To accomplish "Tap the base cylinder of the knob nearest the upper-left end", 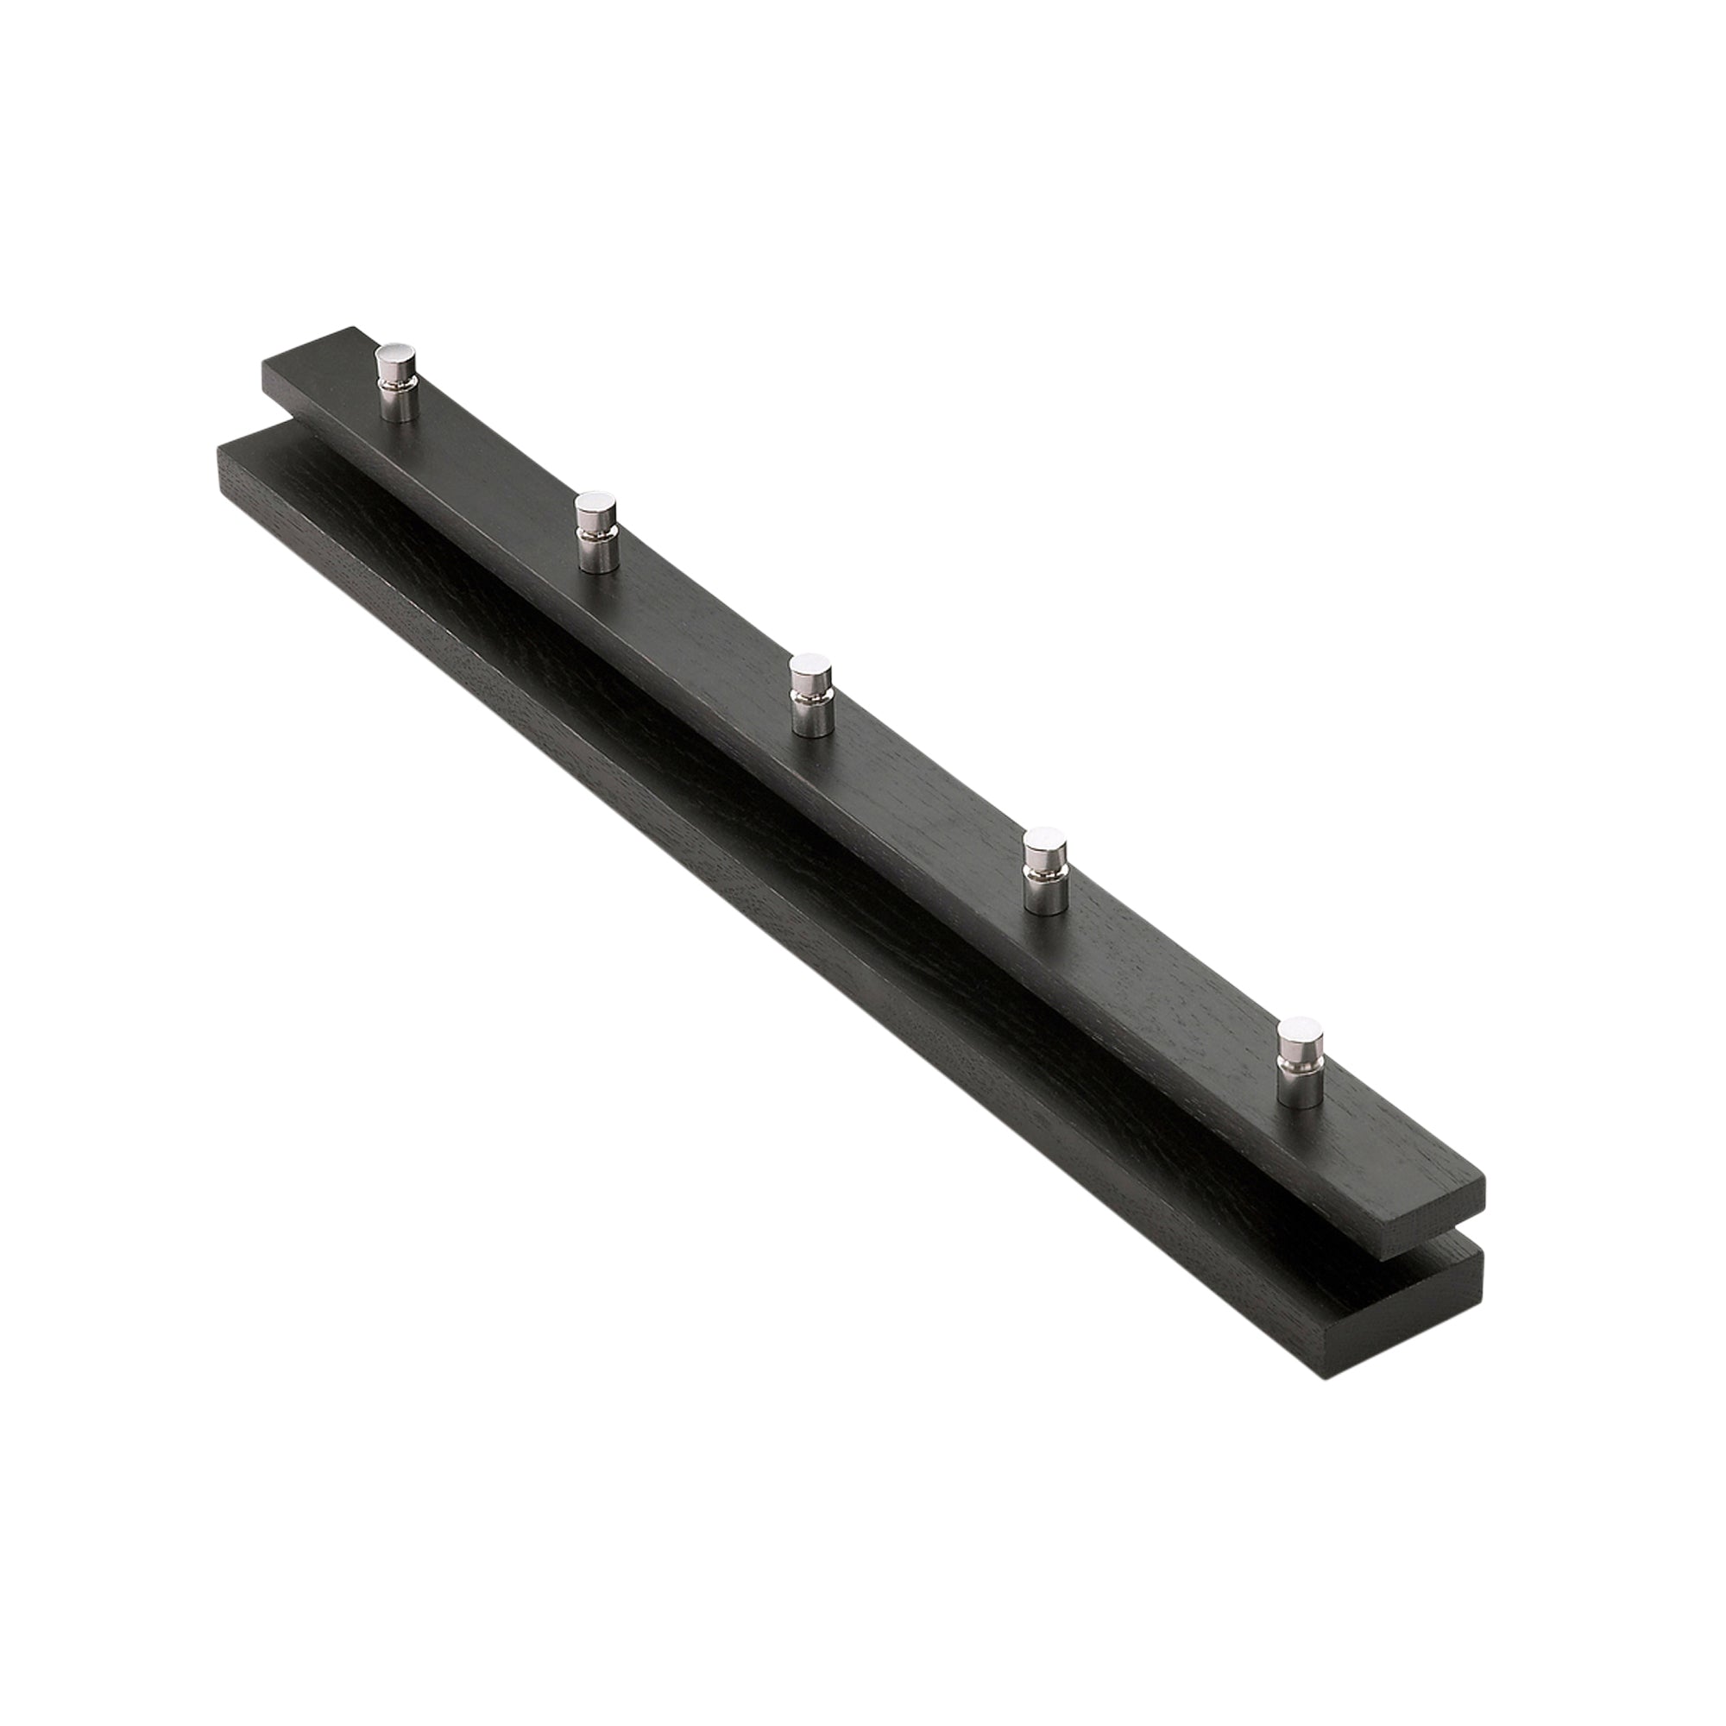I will click(x=396, y=403).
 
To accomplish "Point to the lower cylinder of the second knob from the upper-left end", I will click(x=595, y=555).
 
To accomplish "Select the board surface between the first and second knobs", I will click(x=491, y=464).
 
